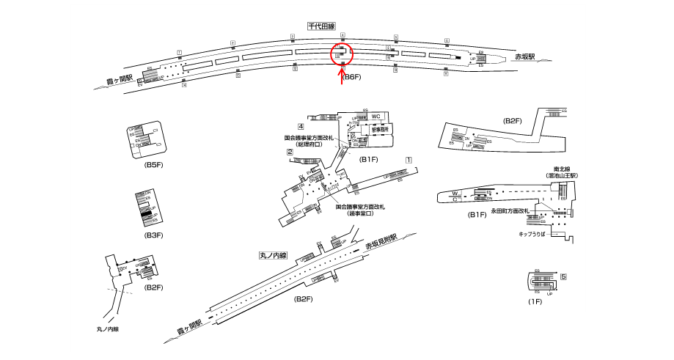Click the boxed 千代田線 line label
[321, 26]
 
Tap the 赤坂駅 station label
[525, 56]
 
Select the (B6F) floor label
[354, 77]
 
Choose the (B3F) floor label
[153, 235]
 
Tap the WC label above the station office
[376, 117]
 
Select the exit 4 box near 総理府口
[301, 128]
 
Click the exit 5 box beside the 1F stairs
[563, 276]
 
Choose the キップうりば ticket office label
[532, 234]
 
